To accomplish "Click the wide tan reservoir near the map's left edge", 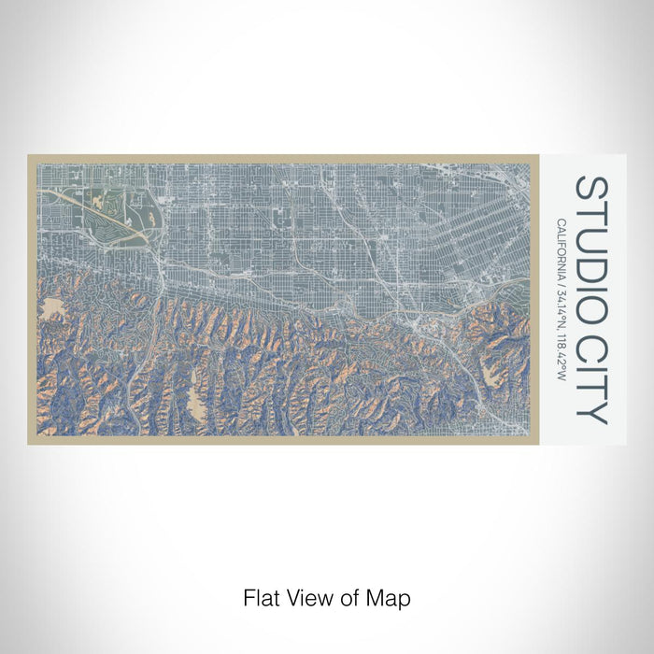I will tap(51, 308).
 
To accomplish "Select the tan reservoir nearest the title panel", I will tap(491, 373).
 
